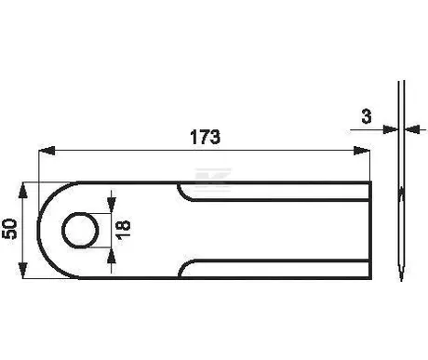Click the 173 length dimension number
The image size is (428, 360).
click(205, 137)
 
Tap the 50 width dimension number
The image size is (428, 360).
click(9, 229)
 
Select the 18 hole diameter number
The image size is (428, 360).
click(123, 229)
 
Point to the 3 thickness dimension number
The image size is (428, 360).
click(367, 116)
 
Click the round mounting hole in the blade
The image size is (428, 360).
click(80, 231)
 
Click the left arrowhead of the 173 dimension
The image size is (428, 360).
click(47, 151)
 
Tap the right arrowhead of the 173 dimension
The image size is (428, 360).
click(362, 151)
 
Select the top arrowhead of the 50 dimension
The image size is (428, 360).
click(23, 191)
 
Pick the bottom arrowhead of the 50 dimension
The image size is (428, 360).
click(23, 270)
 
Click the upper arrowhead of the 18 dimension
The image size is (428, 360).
click(111, 205)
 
